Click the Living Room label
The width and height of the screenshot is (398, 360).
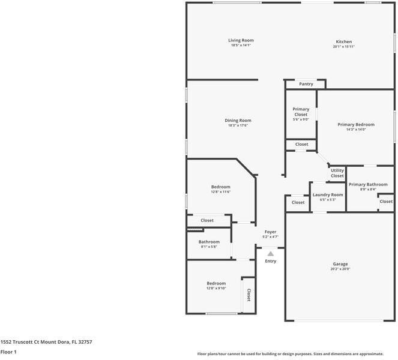pos(241,40)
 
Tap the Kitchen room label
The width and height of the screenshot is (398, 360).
pos(343,41)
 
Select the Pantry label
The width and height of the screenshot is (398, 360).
pos(306,84)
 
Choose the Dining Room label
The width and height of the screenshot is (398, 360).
pos(238,120)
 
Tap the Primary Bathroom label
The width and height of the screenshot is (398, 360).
pos(368,184)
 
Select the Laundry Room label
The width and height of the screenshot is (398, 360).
pos(328,194)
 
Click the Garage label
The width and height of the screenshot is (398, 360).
pos(340,264)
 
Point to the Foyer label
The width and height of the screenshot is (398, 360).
pos(270,232)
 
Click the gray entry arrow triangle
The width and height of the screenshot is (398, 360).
pos(270,254)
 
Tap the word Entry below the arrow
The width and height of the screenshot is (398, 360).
pos(271,261)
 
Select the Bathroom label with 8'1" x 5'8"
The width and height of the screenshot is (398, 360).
pos(209,242)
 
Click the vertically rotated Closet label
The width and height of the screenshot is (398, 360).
pos(249,295)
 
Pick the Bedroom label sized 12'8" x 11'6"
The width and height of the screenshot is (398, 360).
pos(220,187)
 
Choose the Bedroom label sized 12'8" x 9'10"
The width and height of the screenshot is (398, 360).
pos(216,283)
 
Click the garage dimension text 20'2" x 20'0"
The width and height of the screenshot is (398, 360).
pos(340,269)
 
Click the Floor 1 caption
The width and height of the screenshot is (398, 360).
pos(8,352)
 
